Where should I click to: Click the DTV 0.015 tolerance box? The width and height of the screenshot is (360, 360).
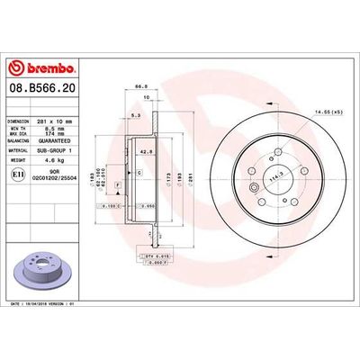pos(155,256)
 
